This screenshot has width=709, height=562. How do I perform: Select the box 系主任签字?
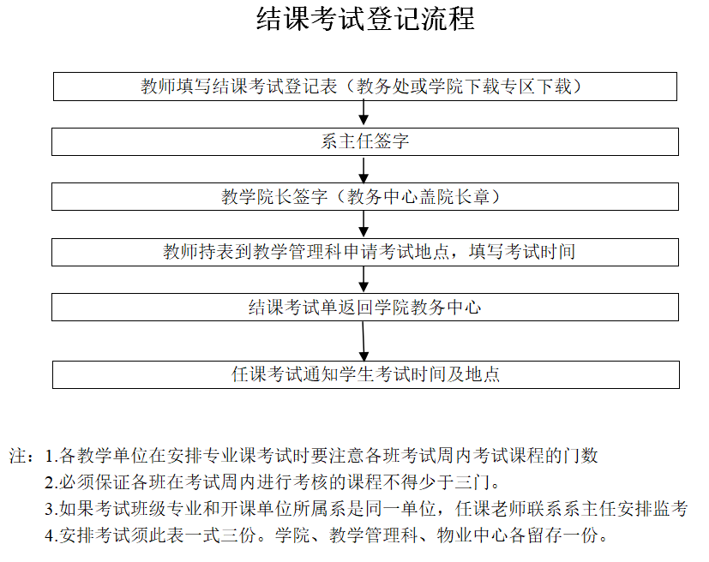tap(365, 141)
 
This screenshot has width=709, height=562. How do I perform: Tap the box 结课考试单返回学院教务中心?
tap(365, 307)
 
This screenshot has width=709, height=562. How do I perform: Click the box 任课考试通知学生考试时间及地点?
tap(365, 374)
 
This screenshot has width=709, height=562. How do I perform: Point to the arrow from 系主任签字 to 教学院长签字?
tap(364, 170)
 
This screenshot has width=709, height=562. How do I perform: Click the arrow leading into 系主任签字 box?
tap(364, 114)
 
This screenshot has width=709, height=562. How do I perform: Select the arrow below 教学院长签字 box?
tap(364, 224)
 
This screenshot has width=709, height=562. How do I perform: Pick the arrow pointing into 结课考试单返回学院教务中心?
tap(364, 279)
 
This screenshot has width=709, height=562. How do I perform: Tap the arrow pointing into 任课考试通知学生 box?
tap(364, 340)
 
